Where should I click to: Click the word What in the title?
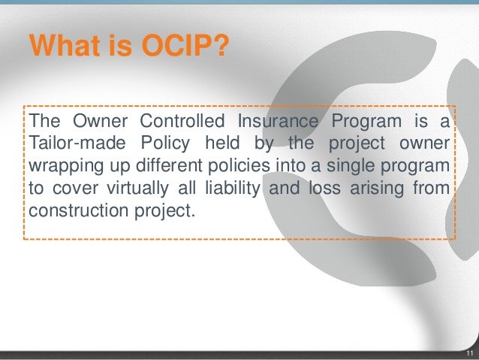tap(63, 47)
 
